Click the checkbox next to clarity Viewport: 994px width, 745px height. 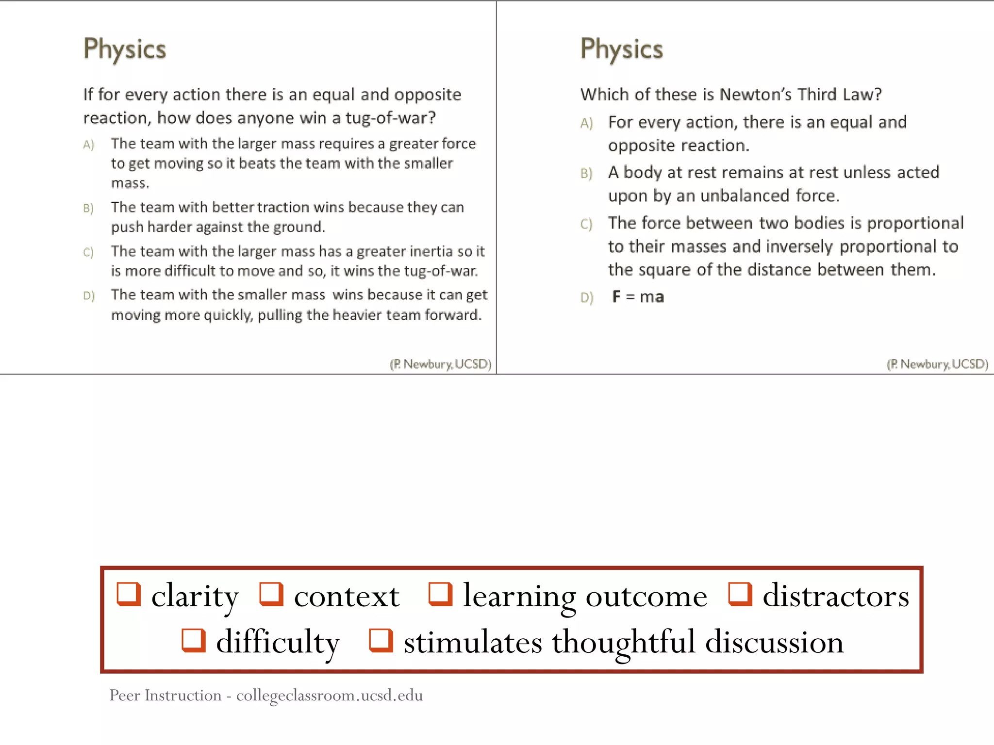pos(129,595)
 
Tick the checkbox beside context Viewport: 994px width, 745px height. pos(271,595)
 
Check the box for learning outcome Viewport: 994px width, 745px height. pos(440,595)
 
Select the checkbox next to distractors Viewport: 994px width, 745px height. pos(740,595)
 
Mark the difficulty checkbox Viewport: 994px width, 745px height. pos(194,641)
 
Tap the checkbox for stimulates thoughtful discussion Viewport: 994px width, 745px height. pos(381,641)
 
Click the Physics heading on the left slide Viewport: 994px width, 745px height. pos(125,49)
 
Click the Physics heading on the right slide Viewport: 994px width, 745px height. pos(622,49)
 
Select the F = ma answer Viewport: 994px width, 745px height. pos(638,296)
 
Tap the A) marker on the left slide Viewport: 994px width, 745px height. pos(88,145)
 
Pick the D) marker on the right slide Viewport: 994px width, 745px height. pos(587,297)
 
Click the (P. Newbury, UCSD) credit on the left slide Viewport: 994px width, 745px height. pos(440,364)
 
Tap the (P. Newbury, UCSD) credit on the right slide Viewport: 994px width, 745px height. pos(937,364)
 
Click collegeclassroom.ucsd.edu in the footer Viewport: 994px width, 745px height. pos(330,696)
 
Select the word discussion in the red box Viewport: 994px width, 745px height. pos(774,642)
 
